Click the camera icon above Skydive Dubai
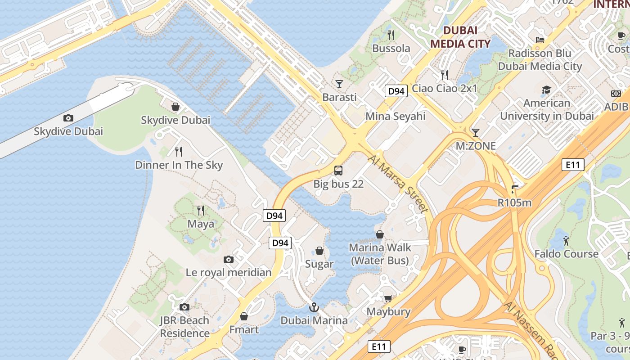pyautogui.click(x=68, y=118)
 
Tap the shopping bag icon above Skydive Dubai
pyautogui.click(x=175, y=107)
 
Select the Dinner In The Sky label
pyautogui.click(x=179, y=165)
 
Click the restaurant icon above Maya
pyautogui.click(x=201, y=210)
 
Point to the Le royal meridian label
pyautogui.click(x=229, y=272)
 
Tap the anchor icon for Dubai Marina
pyautogui.click(x=314, y=307)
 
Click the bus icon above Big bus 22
pyautogui.click(x=338, y=171)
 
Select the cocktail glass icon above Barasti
pyautogui.click(x=339, y=84)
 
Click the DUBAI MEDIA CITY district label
pyautogui.click(x=460, y=37)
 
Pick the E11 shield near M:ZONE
pyautogui.click(x=573, y=165)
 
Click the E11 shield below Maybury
pyautogui.click(x=379, y=346)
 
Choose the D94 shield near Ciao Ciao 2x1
pyautogui.click(x=396, y=91)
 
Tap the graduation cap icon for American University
pyautogui.click(x=546, y=90)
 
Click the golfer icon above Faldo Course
pyautogui.click(x=566, y=241)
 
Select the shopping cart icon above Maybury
pyautogui.click(x=388, y=298)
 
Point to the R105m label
pyautogui.click(x=514, y=202)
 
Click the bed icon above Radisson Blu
pyautogui.click(x=540, y=40)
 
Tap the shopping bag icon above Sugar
pyautogui.click(x=319, y=251)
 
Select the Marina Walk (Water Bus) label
pyautogui.click(x=380, y=254)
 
